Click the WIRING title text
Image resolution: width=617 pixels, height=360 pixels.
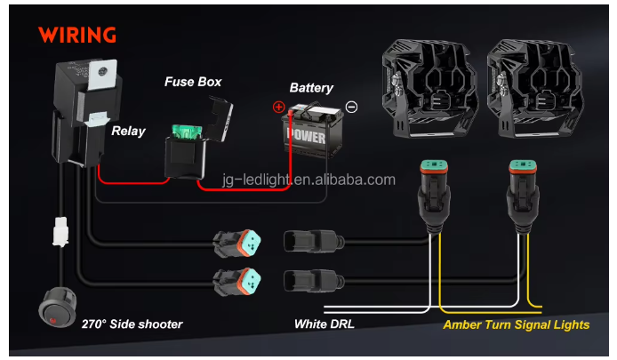point(77,36)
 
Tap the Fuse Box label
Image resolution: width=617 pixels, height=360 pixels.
point(193,82)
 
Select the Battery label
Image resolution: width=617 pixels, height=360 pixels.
point(311,88)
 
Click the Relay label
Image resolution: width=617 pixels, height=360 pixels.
point(128,132)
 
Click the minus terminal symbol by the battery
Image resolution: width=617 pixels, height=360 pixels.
point(351,107)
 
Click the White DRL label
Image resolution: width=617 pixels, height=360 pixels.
point(325,324)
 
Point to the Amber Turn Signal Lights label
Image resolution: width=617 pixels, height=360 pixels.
point(517,324)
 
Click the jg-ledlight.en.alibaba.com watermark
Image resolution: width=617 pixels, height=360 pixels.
point(308,180)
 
